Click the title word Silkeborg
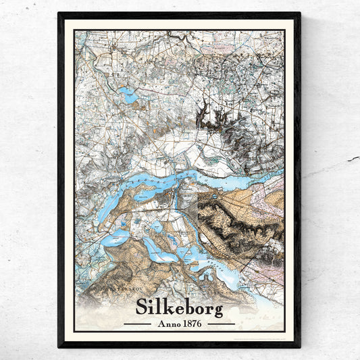(x=179, y=307)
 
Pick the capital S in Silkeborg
(x=143, y=306)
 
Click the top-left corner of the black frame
(x=59, y=14)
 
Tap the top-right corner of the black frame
(x=299, y=14)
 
